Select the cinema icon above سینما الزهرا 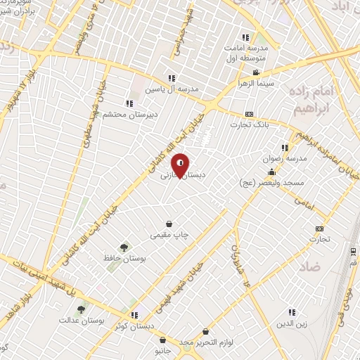pos(255,72)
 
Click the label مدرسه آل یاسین pos(172,89)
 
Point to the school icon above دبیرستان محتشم pos(129,103)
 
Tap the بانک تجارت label pos(249,124)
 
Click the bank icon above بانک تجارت pos(249,114)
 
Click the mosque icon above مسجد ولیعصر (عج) pos(271,172)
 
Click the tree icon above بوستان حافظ pos(124,247)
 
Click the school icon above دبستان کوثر pos(134,316)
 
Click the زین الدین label pos(293,325)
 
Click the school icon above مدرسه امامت pos(245,37)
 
